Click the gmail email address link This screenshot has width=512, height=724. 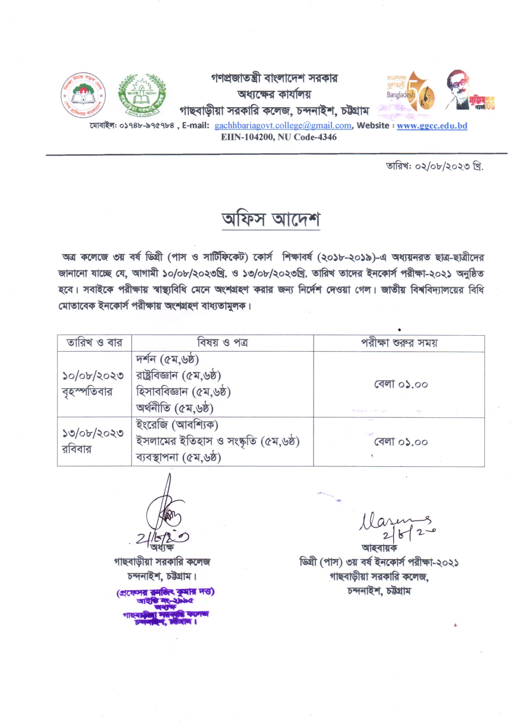[x=283, y=126]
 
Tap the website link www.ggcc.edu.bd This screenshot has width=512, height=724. [x=432, y=126]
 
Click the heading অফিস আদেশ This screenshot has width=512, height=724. [x=271, y=220]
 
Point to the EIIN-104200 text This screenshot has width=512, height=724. [x=242, y=137]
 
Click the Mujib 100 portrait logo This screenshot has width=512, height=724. [x=470, y=90]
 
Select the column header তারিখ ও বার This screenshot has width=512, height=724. [x=94, y=343]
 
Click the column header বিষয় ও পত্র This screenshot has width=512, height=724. [x=222, y=343]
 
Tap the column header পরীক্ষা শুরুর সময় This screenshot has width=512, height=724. [x=399, y=343]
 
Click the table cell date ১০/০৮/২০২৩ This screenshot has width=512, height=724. [x=93, y=376]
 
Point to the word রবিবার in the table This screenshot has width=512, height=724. [x=76, y=449]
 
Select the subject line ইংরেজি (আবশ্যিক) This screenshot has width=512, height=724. [x=177, y=425]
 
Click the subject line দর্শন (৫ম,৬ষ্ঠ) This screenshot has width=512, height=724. [x=167, y=360]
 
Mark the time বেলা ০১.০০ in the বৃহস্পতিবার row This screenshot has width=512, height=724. [x=401, y=384]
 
